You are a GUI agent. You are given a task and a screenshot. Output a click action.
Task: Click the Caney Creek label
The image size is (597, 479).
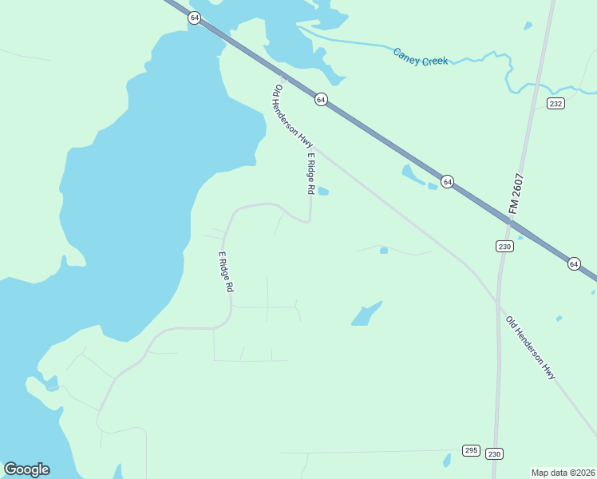pos(421,56)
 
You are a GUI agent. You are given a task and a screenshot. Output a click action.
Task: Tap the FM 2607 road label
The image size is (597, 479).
pos(517,193)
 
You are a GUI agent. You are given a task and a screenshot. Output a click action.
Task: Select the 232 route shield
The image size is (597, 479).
pos(556,104)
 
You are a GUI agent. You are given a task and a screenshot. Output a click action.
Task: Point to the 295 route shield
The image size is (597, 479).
pos(471,451)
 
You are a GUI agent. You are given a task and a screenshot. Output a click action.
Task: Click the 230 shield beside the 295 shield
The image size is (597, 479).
pos(495,453)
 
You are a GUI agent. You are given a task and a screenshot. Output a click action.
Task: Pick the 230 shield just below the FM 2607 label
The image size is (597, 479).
pos(504,246)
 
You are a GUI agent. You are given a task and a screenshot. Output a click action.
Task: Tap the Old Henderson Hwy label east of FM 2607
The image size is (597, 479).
pos(530,347)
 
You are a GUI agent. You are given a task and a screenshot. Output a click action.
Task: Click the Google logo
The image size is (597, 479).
pos(26,469)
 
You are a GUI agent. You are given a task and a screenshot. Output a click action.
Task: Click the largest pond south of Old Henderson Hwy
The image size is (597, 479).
pos(366,314)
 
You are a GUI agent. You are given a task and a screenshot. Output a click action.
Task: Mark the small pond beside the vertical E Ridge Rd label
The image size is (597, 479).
pos(323,191)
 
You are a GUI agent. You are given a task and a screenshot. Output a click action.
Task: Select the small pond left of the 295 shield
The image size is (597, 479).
pos(447,460)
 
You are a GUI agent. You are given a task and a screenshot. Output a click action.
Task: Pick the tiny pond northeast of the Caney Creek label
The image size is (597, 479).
pos(528,26)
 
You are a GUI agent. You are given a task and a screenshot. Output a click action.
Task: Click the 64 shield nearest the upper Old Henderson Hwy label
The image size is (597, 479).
pos(320,99)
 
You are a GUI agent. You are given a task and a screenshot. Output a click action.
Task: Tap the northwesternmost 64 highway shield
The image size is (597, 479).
pos(194,18)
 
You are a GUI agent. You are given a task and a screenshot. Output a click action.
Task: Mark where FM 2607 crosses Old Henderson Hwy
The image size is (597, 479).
pos(498,303)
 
